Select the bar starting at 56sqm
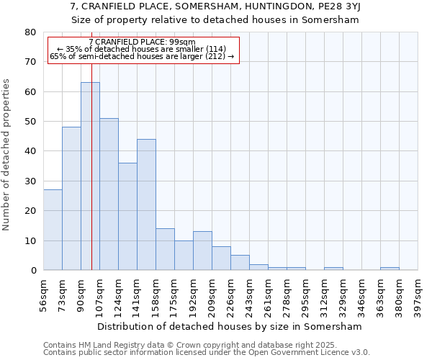(53, 230)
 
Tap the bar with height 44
(146, 204)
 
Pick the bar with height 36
(127, 216)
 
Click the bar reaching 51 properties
(109, 194)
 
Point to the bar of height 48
(71, 199)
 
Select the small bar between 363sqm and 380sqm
(390, 269)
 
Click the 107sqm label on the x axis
(99, 296)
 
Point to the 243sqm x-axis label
(249, 296)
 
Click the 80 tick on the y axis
(30, 32)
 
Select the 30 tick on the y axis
(30, 181)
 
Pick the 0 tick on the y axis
(33, 271)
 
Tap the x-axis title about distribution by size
(230, 326)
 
